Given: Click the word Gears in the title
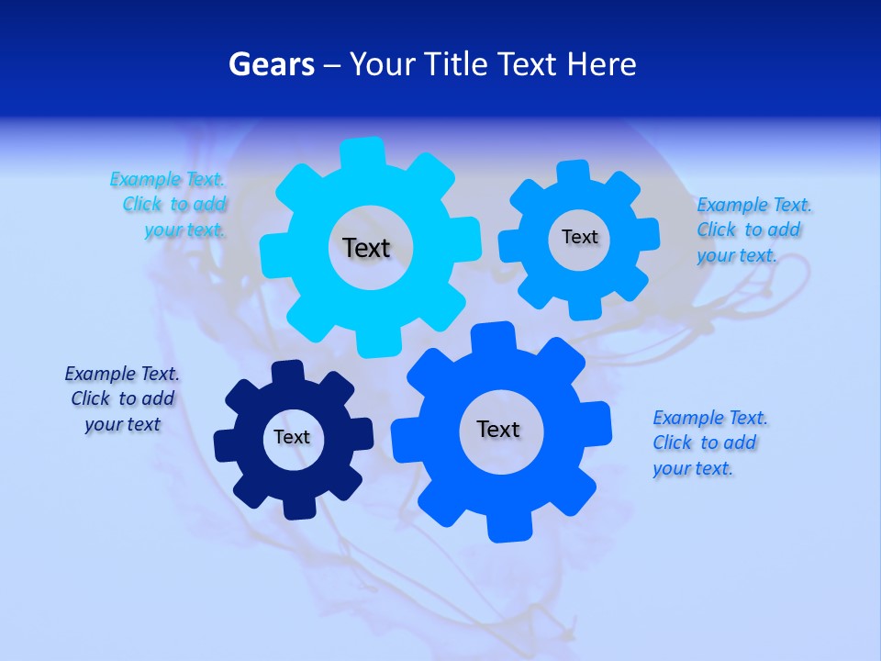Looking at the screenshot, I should (271, 64).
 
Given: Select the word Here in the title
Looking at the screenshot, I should (601, 64).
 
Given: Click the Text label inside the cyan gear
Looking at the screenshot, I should (366, 248).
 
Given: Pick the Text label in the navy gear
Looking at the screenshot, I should (292, 437).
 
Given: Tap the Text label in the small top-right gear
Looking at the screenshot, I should (579, 237).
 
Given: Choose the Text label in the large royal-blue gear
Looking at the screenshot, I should (498, 429).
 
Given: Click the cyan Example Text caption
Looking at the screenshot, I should (169, 205).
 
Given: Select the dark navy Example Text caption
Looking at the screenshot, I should (122, 398).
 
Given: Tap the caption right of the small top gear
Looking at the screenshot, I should (753, 230).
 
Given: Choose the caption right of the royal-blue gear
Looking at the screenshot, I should (708, 443).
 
